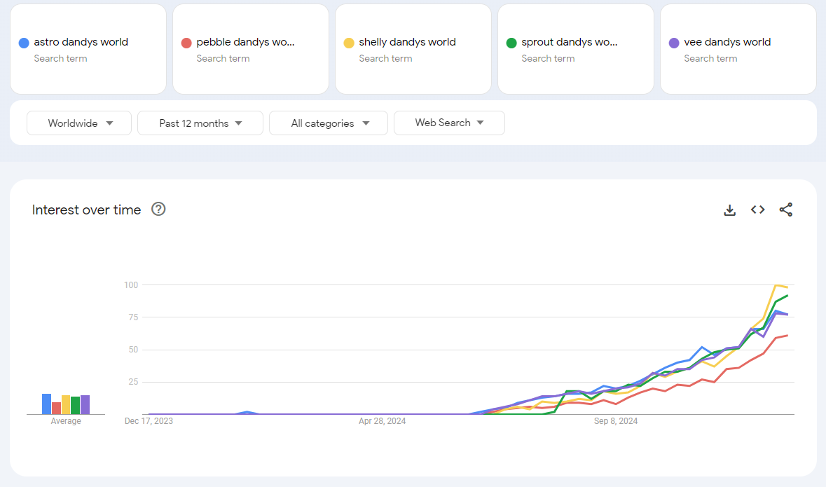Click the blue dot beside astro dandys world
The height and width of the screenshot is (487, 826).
(x=24, y=43)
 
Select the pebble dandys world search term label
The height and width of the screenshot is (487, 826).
(x=245, y=42)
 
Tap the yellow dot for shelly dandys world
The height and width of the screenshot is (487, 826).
(x=349, y=43)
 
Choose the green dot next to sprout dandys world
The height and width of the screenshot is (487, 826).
(x=511, y=43)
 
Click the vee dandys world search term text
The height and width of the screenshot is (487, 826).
(x=727, y=42)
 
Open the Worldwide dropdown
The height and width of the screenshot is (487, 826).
(x=79, y=123)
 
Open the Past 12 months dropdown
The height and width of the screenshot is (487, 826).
(x=200, y=123)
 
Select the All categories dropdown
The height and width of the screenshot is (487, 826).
(x=329, y=123)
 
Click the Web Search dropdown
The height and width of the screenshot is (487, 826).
(x=449, y=123)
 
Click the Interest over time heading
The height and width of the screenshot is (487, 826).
(x=86, y=210)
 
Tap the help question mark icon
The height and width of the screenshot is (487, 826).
(x=158, y=209)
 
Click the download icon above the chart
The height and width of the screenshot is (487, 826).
(x=729, y=210)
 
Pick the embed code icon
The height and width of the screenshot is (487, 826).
(x=757, y=210)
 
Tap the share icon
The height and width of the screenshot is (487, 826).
(x=786, y=210)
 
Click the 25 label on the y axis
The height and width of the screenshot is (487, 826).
(x=132, y=382)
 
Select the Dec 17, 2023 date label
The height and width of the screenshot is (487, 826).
(x=149, y=421)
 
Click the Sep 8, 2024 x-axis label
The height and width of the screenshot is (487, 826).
(x=616, y=421)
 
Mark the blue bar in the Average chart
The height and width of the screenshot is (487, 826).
(x=46, y=404)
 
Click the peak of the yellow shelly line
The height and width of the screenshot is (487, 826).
(x=776, y=284)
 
